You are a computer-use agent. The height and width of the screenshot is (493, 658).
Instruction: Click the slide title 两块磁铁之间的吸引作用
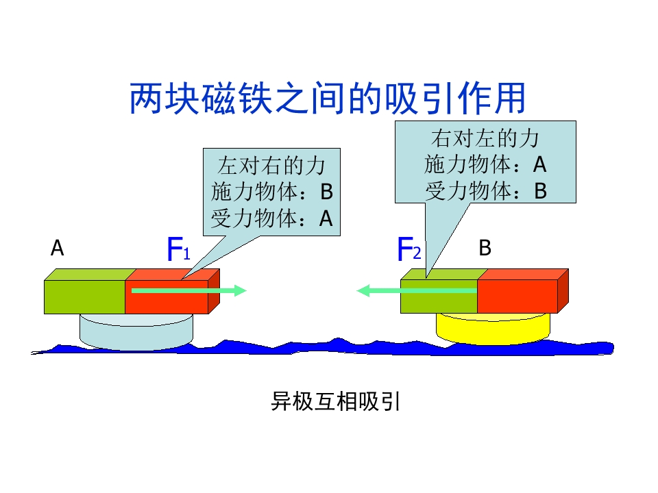pyautogui.click(x=328, y=99)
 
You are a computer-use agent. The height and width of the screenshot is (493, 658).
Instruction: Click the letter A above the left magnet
pyautogui.click(x=58, y=249)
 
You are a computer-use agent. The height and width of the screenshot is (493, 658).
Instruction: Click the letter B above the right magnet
pyautogui.click(x=485, y=248)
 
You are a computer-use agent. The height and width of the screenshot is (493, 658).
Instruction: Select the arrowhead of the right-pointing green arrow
pyautogui.click(x=239, y=290)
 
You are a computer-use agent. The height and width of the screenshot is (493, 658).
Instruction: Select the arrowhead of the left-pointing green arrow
pyautogui.click(x=364, y=290)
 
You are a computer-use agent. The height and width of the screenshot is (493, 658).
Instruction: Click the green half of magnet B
pyautogui.click(x=439, y=301)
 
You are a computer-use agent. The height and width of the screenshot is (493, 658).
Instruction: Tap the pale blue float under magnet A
pyautogui.click(x=136, y=330)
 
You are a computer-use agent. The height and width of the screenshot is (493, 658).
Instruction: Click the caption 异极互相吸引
pyautogui.click(x=335, y=401)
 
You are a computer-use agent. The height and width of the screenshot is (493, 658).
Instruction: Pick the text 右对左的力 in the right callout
pyautogui.click(x=485, y=138)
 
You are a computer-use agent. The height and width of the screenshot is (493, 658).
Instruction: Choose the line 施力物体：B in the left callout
pyautogui.click(x=272, y=192)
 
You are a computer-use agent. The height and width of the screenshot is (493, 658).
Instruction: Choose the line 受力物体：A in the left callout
pyautogui.click(x=272, y=218)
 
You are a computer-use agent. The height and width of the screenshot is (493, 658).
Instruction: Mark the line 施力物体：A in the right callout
pyautogui.click(x=485, y=164)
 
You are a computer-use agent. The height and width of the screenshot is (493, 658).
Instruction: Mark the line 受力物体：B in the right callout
pyautogui.click(x=485, y=191)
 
